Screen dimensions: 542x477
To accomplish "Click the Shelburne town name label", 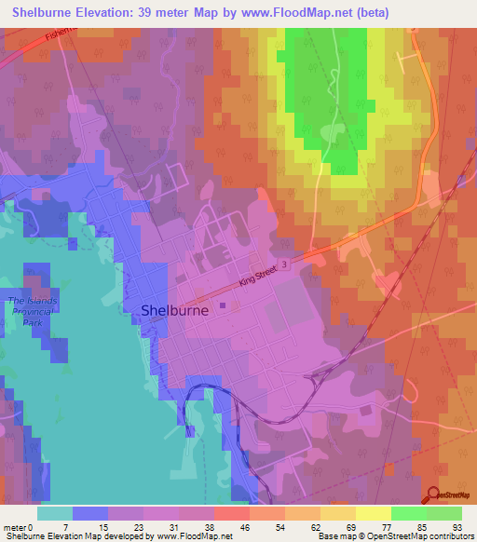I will coord(174,312).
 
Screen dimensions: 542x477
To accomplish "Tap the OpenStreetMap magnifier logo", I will coord(434,496).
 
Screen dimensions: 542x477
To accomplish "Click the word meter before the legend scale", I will coord(16,526).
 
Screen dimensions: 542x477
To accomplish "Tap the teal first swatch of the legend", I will coord(55,513).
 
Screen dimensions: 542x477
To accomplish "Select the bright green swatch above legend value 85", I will coord(408,513).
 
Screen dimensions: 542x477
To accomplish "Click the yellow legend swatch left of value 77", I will coord(373,513).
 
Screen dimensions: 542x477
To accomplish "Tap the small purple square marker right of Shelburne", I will coord(223,302).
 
